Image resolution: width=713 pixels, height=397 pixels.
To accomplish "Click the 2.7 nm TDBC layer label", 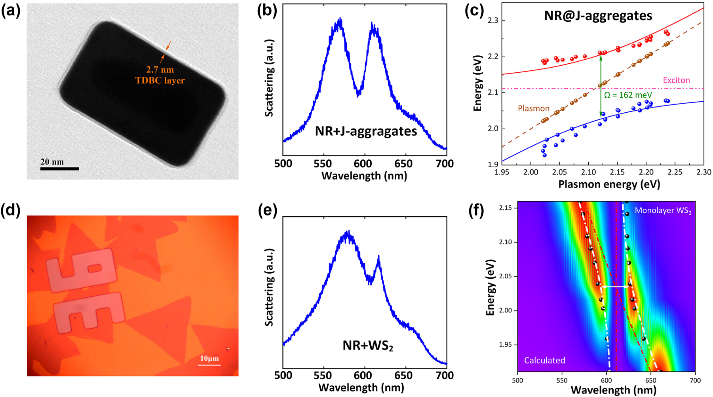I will click(x=160, y=75).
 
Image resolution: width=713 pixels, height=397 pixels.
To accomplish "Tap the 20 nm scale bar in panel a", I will click(x=59, y=168).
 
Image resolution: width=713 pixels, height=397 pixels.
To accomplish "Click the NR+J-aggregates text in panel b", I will click(x=366, y=131).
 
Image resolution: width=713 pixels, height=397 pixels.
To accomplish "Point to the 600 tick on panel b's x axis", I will click(x=363, y=164).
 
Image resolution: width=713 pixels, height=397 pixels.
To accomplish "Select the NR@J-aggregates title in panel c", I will click(x=598, y=16).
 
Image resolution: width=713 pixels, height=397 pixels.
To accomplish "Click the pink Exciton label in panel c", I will click(x=676, y=80).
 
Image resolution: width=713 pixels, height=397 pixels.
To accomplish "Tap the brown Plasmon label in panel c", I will click(x=533, y=108).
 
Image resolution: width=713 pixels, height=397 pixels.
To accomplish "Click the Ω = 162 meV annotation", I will click(x=627, y=95).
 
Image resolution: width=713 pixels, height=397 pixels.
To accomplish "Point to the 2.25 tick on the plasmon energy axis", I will click(x=675, y=172).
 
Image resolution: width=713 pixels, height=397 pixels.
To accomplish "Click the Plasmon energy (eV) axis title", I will click(x=609, y=184).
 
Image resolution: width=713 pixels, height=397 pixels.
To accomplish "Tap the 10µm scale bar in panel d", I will click(x=209, y=364).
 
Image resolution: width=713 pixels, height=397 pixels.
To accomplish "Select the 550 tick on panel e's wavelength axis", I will click(x=323, y=375).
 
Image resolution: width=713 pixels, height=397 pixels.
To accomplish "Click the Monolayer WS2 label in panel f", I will click(x=663, y=211).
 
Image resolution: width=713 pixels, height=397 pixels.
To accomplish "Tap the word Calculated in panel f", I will click(x=544, y=360).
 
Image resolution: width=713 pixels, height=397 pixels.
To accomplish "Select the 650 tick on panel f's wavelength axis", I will click(x=651, y=380).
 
